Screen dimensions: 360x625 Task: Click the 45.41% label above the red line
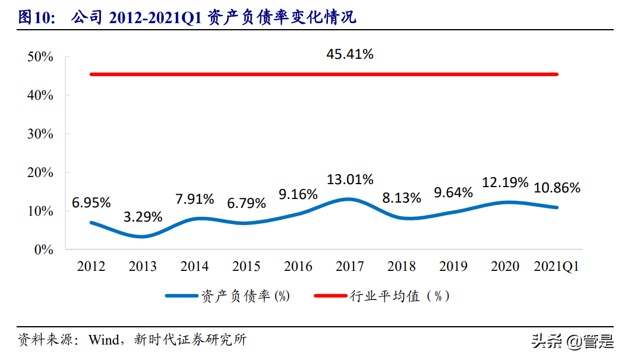(x=349, y=55)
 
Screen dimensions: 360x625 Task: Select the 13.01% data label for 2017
(x=349, y=179)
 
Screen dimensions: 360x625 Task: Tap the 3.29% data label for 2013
(x=143, y=217)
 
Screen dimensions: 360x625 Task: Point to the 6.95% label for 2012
(x=91, y=203)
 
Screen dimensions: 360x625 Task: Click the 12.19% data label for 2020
(x=504, y=182)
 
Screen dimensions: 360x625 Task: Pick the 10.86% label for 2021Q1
(x=557, y=188)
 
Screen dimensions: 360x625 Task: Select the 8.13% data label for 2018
(x=402, y=198)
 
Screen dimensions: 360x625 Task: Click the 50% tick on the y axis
(x=40, y=57)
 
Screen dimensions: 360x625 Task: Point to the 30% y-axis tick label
(x=40, y=134)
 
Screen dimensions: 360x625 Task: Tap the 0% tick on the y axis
(x=44, y=250)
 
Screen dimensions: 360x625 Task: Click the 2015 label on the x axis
(x=246, y=267)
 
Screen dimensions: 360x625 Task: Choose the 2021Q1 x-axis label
(x=557, y=267)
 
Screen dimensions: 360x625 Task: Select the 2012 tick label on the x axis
(x=91, y=267)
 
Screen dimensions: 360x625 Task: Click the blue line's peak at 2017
(x=349, y=199)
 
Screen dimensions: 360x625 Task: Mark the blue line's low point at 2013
(x=143, y=236)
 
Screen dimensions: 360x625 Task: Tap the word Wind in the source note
(x=104, y=340)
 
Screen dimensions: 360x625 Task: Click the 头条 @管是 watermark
(x=572, y=341)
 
